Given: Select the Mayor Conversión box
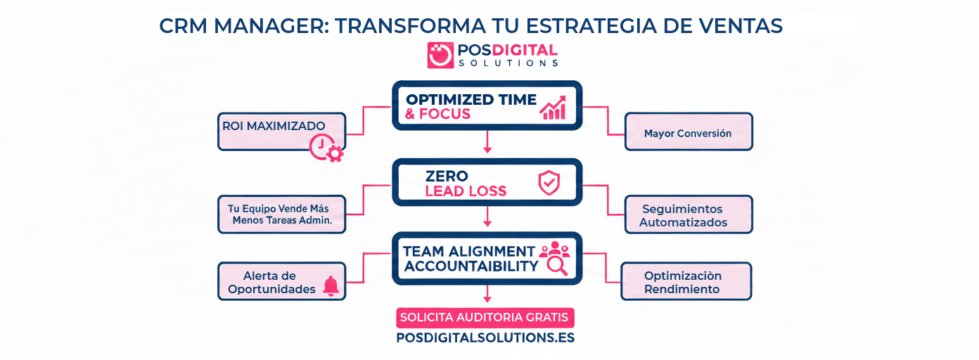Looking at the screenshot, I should (688, 131).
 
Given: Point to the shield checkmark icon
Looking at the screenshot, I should (549, 183).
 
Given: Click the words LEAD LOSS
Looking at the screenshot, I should (466, 191).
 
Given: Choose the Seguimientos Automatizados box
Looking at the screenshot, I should (688, 215).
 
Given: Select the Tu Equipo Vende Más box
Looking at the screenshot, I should (281, 214).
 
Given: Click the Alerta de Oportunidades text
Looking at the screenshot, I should (271, 282).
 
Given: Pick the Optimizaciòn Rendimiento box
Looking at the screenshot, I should (686, 282).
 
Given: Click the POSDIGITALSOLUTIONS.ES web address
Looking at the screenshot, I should (485, 337).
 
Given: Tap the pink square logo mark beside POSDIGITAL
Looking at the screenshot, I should (440, 55).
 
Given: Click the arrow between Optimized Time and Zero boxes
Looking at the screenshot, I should (487, 143).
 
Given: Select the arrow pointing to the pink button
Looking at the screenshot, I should (487, 295).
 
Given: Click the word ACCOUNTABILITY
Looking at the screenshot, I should (471, 266).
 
